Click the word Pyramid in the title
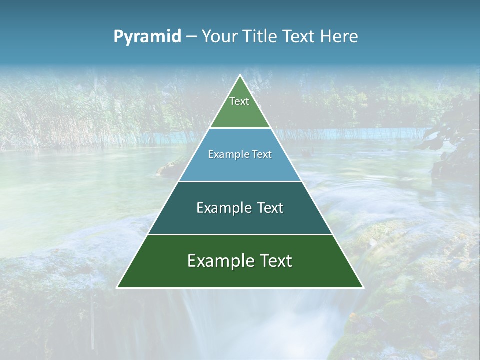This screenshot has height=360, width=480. tap(147, 37)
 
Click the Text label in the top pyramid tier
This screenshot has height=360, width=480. tap(239, 101)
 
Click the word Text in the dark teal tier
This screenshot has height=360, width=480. tap(270, 208)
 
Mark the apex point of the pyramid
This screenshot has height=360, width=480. tap(240, 75)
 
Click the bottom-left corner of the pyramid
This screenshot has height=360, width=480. tap(117, 287)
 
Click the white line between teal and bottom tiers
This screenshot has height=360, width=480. tap(240, 234)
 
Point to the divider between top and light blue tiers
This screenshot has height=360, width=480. tap(240, 128)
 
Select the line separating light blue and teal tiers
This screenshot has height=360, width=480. tap(240, 181)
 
